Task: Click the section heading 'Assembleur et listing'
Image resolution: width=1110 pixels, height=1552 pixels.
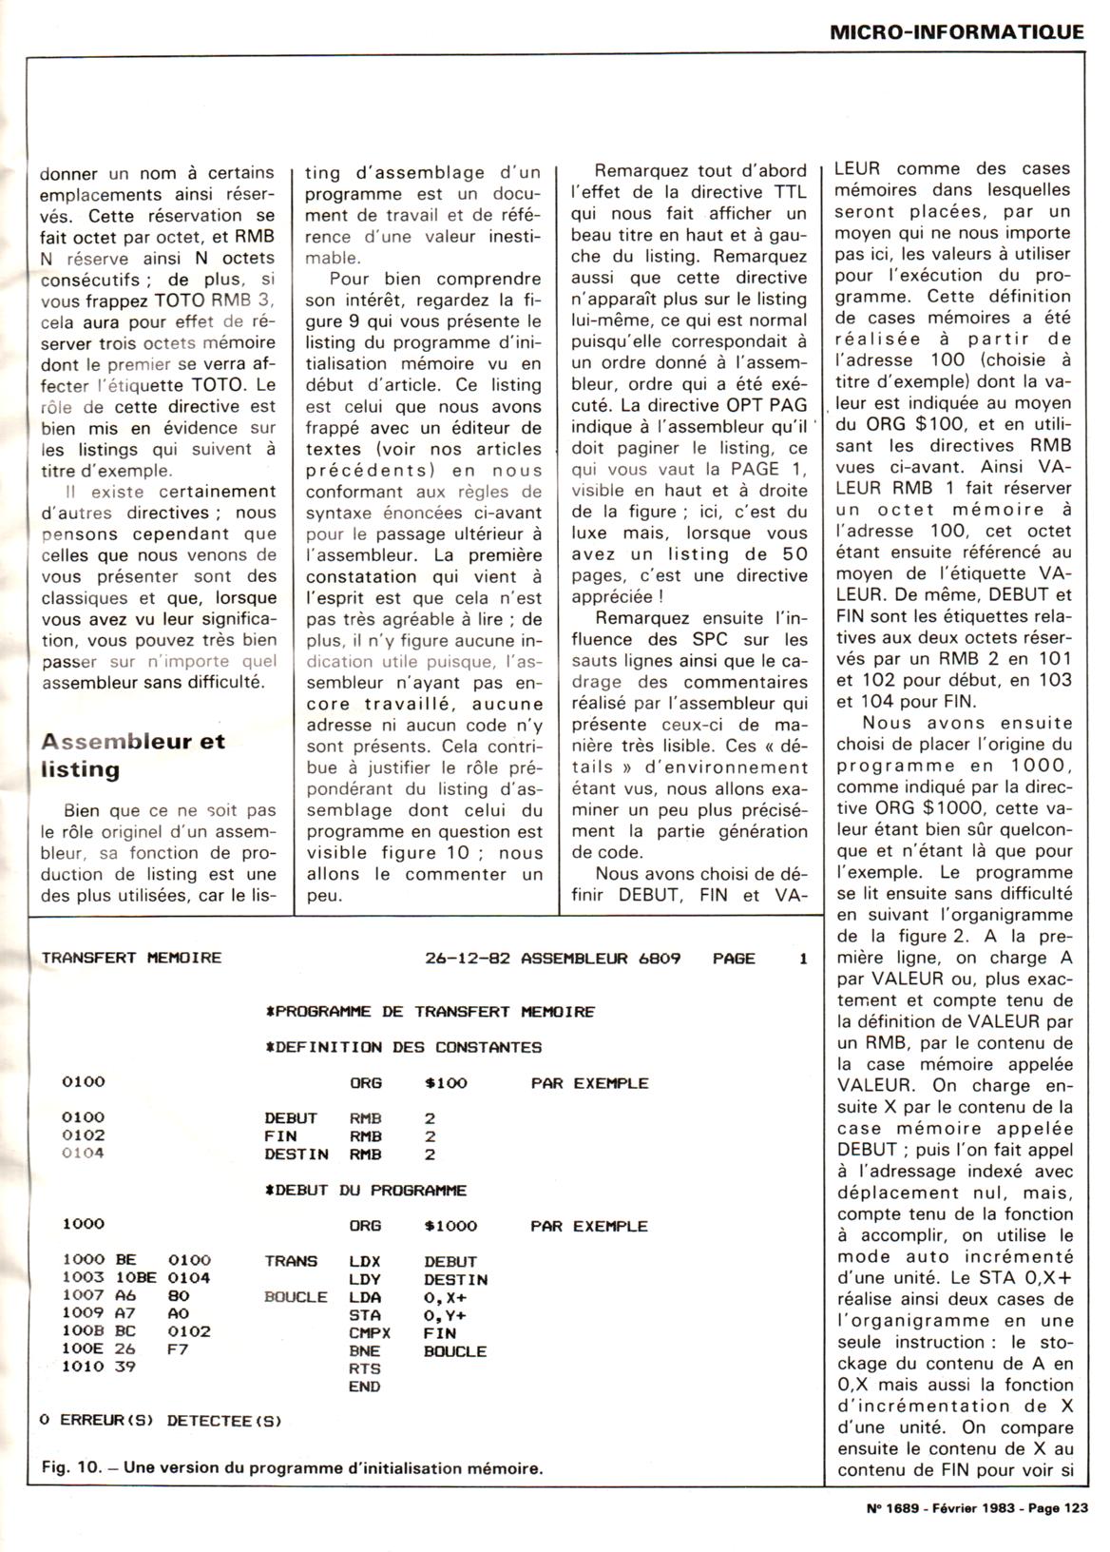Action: pos(133,755)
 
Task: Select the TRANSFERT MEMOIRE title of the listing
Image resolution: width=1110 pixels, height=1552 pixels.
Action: pos(131,958)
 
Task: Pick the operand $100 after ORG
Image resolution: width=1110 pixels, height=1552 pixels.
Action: pos(446,1083)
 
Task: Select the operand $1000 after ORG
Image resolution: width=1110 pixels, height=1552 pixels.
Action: pos(450,1226)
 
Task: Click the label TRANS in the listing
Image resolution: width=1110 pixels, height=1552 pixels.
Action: pos(291,1262)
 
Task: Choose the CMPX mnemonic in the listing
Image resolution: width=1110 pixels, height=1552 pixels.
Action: pos(370,1333)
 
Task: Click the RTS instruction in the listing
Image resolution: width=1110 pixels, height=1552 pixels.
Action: pos(365,1368)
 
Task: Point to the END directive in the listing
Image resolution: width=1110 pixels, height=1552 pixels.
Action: pos(365,1387)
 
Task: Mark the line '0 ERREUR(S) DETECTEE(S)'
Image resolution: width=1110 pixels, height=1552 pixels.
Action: pos(162,1421)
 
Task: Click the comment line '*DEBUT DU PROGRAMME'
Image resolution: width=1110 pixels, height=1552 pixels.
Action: pos(366,1190)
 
